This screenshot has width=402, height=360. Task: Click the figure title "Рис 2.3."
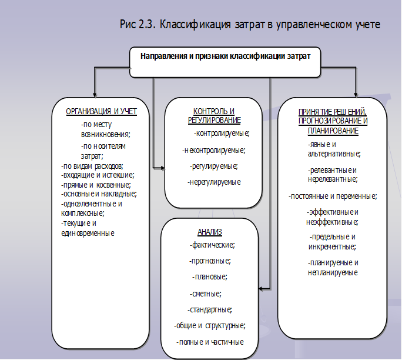pos(138,25)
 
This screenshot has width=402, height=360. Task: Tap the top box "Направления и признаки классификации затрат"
pos(225,62)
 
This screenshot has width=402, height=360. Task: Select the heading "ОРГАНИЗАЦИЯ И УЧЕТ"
pos(101,112)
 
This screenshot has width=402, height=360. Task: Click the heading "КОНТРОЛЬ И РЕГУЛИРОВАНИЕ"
pos(215,116)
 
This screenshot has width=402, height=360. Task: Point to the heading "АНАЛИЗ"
pos(210,232)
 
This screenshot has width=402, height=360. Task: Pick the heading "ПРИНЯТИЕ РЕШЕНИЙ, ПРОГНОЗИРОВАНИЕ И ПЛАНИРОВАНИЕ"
pos(333,121)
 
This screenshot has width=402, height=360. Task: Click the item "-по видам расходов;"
pos(92,166)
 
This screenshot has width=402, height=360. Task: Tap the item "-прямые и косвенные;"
pos(96,185)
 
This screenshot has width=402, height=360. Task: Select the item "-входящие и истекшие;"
pos(98,175)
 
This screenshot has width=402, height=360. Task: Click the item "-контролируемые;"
pos(222,134)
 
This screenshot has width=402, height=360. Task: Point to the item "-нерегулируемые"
pos(214,182)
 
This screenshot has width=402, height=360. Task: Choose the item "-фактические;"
pos(212,245)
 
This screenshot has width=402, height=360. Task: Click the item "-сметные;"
pos(206,294)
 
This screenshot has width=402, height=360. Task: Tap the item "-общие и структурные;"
pos(210,326)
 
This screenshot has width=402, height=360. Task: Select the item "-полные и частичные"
pos(210,342)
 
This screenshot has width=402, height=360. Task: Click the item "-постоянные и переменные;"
pos(333,196)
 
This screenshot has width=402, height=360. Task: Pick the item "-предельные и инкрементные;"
pos(332,242)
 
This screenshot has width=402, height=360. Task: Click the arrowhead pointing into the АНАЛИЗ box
pos(260,289)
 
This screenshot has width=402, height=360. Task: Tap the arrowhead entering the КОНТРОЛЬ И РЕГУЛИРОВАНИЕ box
pos(163,168)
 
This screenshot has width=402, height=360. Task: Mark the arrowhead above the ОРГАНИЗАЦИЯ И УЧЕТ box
pos(95,95)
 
